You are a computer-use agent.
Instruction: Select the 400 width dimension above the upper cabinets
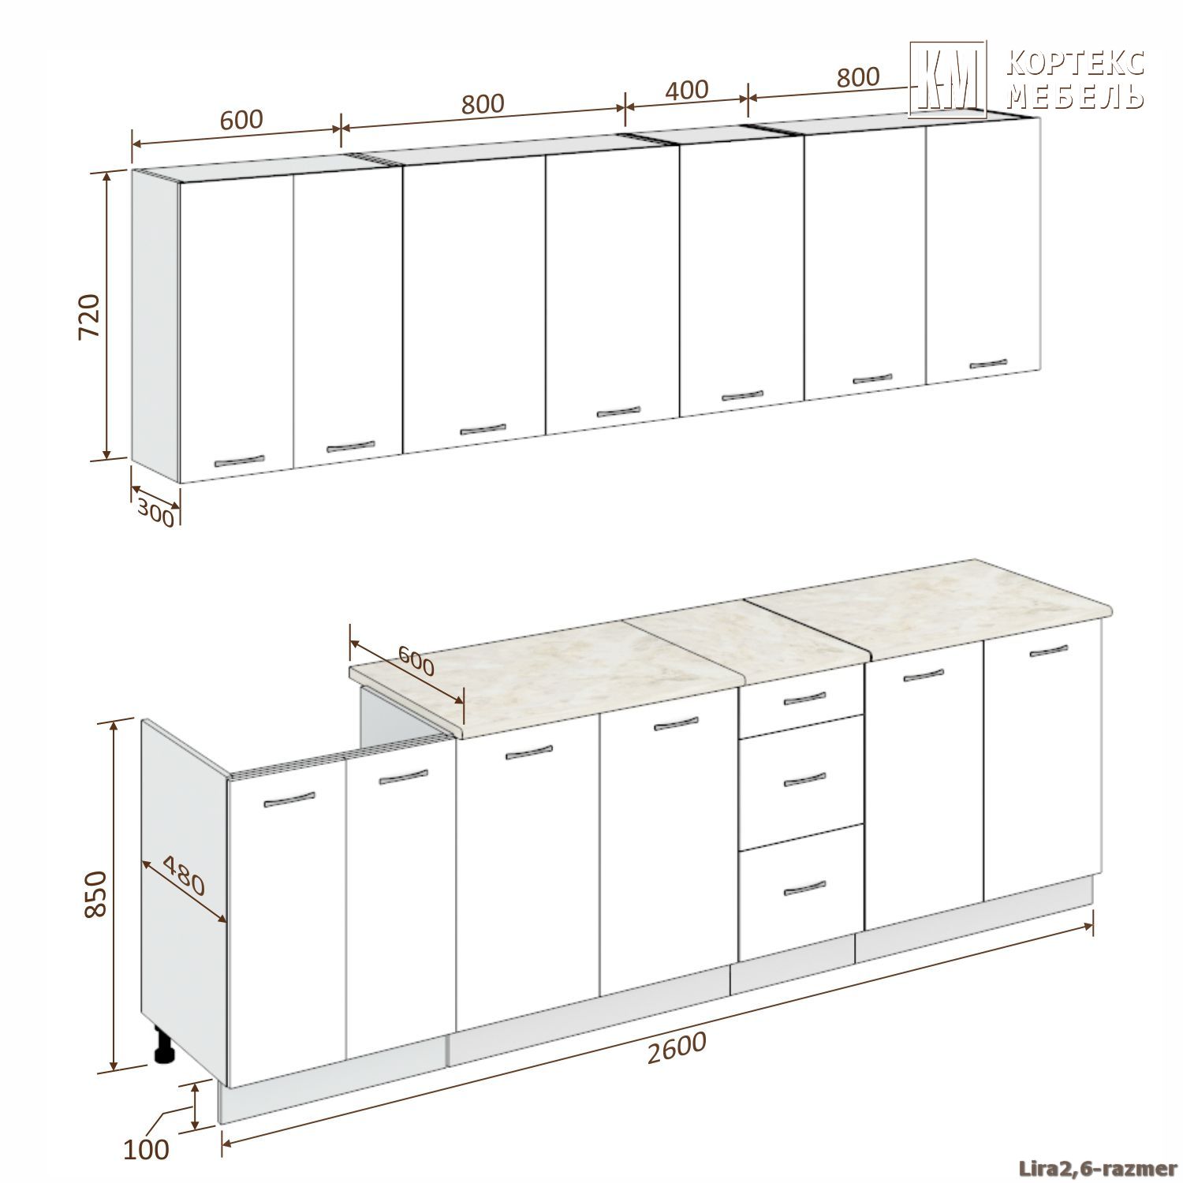click(687, 89)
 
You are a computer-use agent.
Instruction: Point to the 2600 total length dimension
click(675, 1048)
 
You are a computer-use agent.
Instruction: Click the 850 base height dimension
click(95, 894)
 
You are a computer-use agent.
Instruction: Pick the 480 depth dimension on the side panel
click(184, 876)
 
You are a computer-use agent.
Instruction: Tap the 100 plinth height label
click(147, 1149)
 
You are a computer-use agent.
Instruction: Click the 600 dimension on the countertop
click(416, 661)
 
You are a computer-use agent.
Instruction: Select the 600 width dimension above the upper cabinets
click(241, 120)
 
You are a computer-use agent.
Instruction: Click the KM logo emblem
click(948, 80)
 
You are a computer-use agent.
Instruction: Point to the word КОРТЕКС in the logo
click(1077, 64)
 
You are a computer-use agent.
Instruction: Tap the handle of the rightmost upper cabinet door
click(988, 364)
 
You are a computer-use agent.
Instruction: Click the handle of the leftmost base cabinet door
click(289, 800)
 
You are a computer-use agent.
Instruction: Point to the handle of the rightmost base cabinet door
click(1049, 651)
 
